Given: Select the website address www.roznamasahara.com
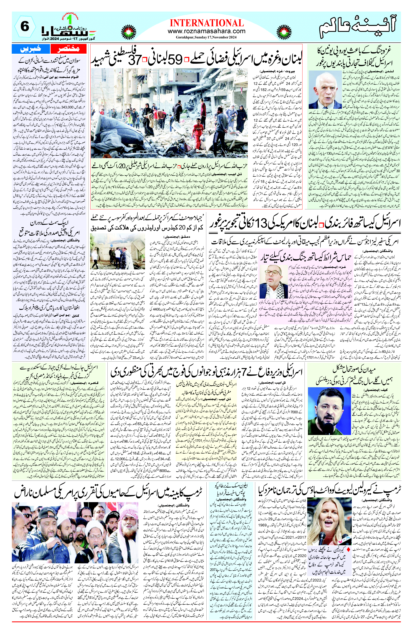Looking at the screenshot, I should pyautogui.click(x=206, y=31).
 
